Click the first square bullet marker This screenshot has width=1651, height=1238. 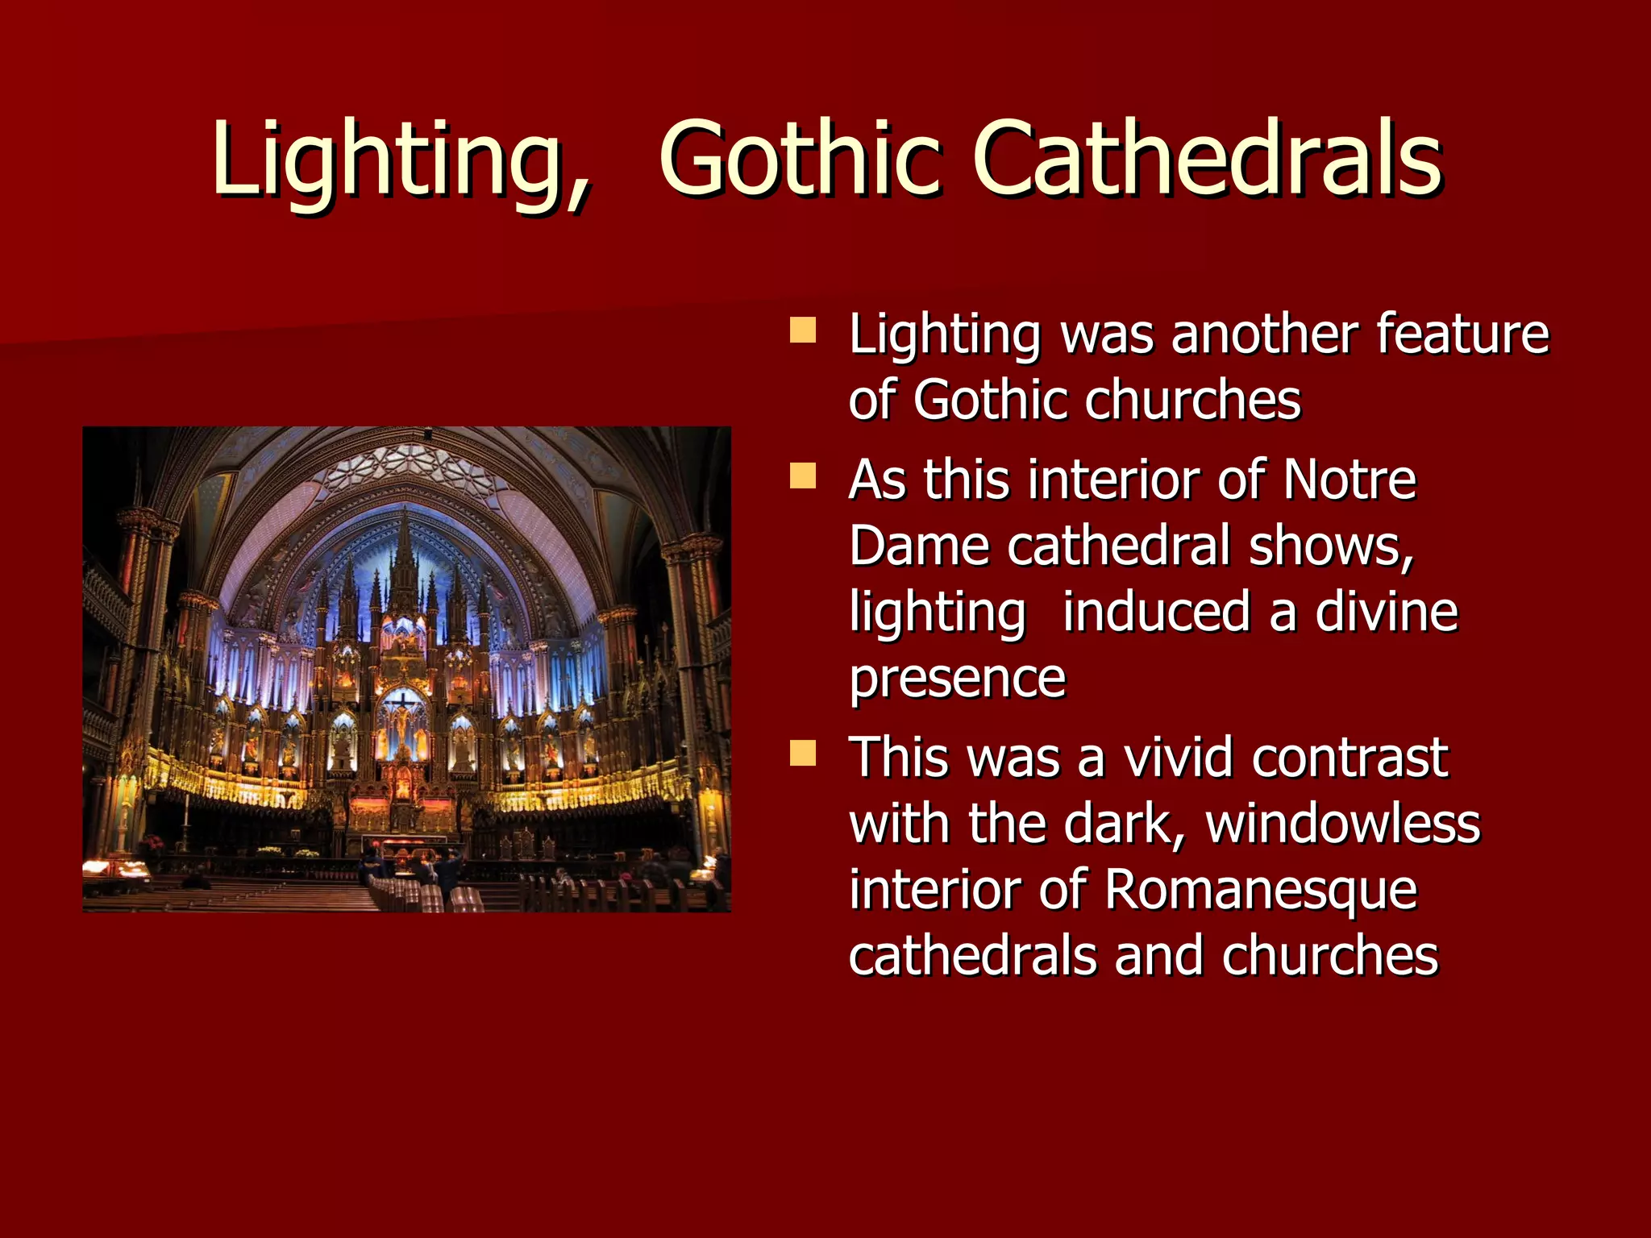point(803,330)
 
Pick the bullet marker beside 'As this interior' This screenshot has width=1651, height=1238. point(803,476)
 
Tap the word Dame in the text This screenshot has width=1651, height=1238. point(919,546)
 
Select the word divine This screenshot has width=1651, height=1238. point(1387,613)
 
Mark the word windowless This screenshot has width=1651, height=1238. point(1342,824)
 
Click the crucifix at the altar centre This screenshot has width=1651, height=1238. point(401,713)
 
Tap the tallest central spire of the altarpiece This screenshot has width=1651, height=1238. point(403,556)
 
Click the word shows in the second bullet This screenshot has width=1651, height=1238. point(1330,546)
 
